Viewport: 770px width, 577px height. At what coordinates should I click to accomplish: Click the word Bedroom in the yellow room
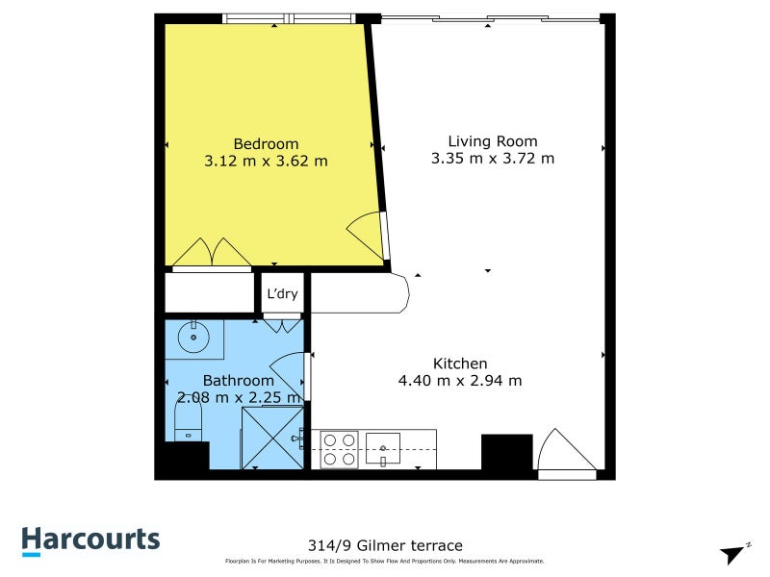click(266, 144)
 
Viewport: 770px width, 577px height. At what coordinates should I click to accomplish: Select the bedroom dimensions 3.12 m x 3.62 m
click(266, 162)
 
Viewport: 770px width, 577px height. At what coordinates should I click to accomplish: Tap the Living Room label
click(492, 140)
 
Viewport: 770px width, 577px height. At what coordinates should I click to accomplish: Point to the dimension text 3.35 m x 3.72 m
click(492, 158)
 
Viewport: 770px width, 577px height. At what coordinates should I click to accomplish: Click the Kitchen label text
click(460, 364)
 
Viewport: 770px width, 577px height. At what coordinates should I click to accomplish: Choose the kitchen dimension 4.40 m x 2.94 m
click(460, 381)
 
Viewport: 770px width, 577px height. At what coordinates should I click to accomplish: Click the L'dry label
click(282, 294)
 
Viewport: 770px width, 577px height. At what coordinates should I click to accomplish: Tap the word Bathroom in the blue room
click(238, 381)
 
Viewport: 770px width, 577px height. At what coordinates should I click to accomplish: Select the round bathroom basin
click(196, 337)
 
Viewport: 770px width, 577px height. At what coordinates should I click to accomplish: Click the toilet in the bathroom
click(187, 420)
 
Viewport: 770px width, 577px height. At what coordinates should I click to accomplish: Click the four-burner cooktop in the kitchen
click(339, 448)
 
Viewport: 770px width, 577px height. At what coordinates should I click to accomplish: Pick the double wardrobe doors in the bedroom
click(212, 252)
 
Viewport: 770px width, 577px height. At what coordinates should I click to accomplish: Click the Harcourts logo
click(91, 540)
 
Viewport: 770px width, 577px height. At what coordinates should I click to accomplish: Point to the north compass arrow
click(734, 554)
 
